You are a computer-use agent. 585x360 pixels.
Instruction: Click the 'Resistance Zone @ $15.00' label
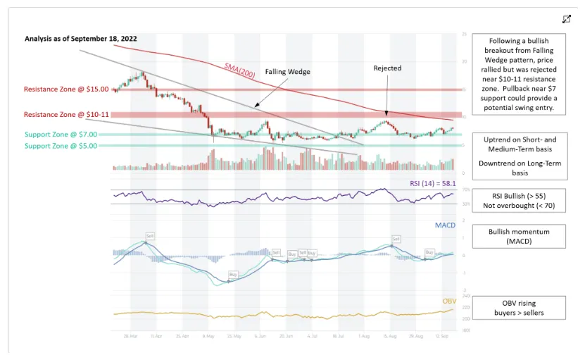click(x=66, y=89)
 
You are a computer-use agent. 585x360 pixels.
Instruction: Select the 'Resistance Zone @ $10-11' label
click(x=66, y=114)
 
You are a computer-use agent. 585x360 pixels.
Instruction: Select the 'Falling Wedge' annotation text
click(x=287, y=72)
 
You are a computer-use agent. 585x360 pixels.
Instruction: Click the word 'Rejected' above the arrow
click(x=387, y=68)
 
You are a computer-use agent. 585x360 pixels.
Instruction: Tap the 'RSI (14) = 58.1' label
click(x=432, y=183)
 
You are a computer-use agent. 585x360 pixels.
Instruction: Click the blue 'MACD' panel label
click(x=445, y=225)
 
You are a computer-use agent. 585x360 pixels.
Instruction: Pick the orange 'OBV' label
click(x=448, y=301)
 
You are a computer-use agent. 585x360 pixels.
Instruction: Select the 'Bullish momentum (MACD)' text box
click(x=518, y=236)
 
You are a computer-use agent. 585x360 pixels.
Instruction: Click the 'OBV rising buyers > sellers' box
click(x=518, y=307)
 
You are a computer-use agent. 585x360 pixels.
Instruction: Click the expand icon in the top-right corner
click(x=567, y=19)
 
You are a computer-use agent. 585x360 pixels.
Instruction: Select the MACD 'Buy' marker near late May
click(x=233, y=273)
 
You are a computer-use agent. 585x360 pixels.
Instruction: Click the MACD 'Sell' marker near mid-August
click(x=396, y=239)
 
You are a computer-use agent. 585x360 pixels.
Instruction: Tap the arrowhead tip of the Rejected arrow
click(x=386, y=113)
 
